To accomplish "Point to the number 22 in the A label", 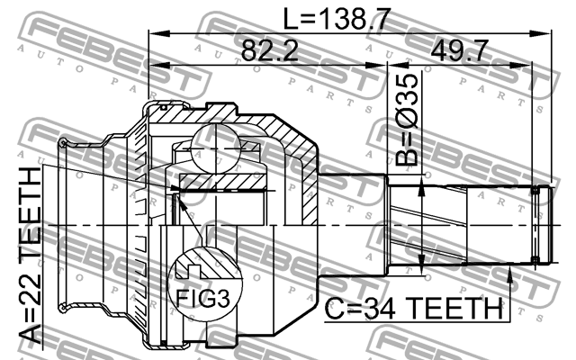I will coord(31,286).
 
